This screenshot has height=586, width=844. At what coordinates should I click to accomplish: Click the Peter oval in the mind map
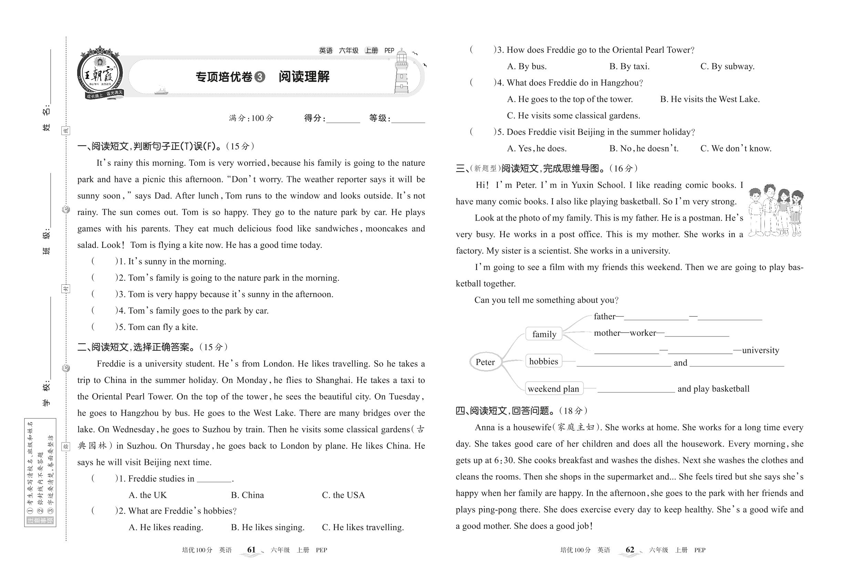(485, 362)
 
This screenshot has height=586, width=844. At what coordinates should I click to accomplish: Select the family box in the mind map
(544, 334)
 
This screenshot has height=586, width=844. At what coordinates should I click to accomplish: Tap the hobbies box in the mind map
(544, 361)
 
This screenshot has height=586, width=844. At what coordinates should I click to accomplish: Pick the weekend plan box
(553, 388)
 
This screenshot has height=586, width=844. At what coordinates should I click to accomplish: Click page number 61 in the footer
(251, 550)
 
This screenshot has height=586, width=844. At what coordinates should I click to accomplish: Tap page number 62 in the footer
(630, 550)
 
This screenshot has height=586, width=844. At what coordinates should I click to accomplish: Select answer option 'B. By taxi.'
(629, 67)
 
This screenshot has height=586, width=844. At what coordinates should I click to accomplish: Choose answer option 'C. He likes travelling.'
(362, 527)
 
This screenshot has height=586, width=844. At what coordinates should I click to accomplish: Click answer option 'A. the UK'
(147, 495)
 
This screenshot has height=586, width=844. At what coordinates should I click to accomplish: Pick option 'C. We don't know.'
(736, 148)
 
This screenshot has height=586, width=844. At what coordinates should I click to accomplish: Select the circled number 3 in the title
(259, 77)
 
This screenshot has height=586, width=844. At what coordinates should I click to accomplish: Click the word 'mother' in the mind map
(607, 333)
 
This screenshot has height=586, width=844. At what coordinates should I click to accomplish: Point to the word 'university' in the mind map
(760, 350)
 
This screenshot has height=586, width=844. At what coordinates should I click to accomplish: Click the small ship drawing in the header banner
(161, 90)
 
